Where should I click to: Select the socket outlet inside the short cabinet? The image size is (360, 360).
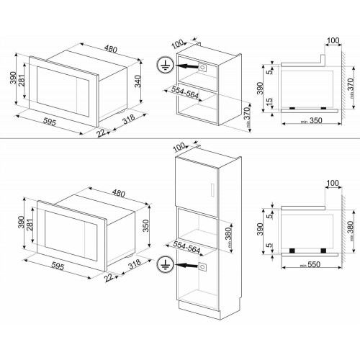point(202,67)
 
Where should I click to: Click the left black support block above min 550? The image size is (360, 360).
point(294,251)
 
